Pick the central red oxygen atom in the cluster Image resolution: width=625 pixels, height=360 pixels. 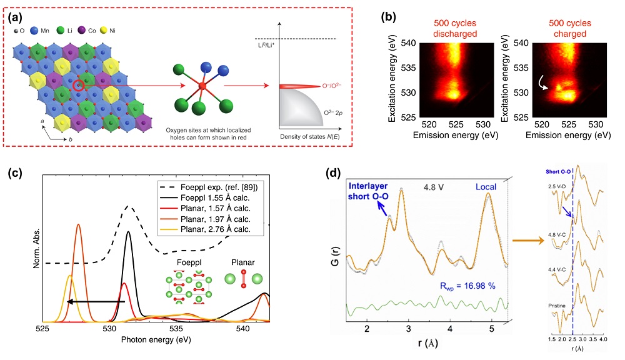tap(202, 84)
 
